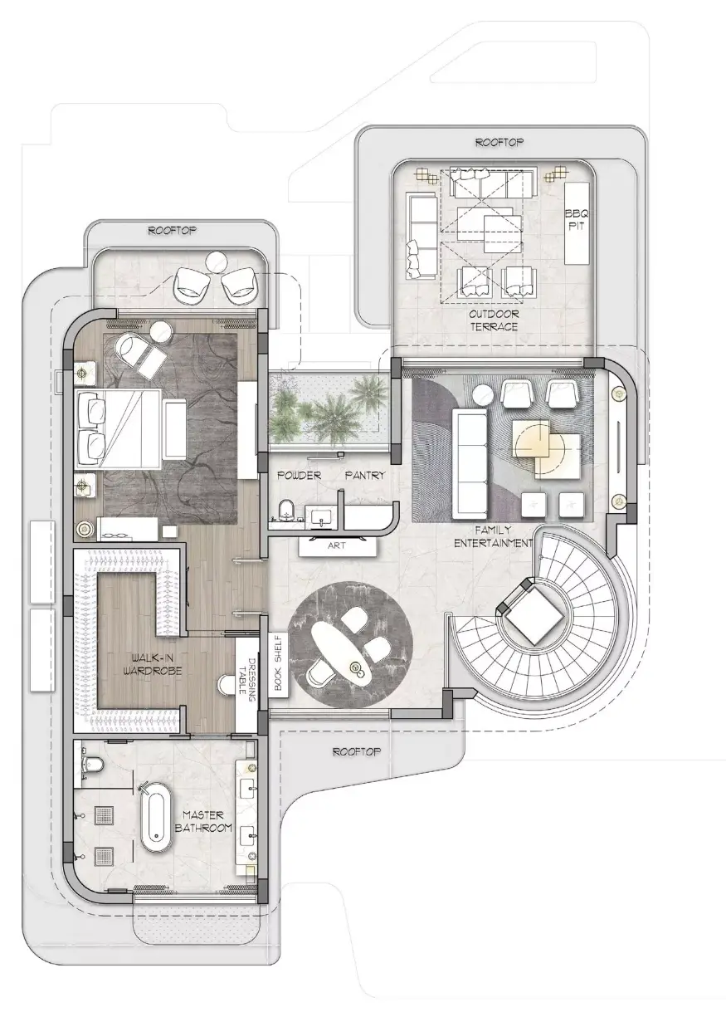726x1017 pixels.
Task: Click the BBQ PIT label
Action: coord(577,219)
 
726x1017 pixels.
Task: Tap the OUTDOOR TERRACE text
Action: coord(494,320)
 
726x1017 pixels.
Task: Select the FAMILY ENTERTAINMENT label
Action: coord(493,536)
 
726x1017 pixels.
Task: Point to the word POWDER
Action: coord(299,476)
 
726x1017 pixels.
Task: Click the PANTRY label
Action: coord(365,476)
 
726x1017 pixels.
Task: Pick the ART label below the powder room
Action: coord(337,545)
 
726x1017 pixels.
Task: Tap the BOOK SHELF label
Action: coord(278,663)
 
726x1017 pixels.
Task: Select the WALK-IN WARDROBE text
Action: coord(151,664)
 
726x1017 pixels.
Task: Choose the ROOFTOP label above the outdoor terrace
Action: coord(499,142)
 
